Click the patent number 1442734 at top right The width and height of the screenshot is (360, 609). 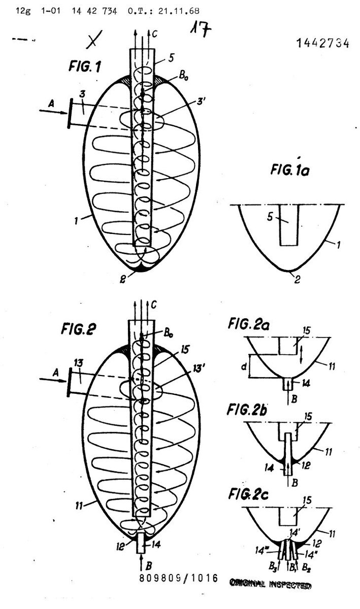point(321,44)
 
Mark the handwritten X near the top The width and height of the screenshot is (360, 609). point(92,41)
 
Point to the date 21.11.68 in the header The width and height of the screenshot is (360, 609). point(164,10)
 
